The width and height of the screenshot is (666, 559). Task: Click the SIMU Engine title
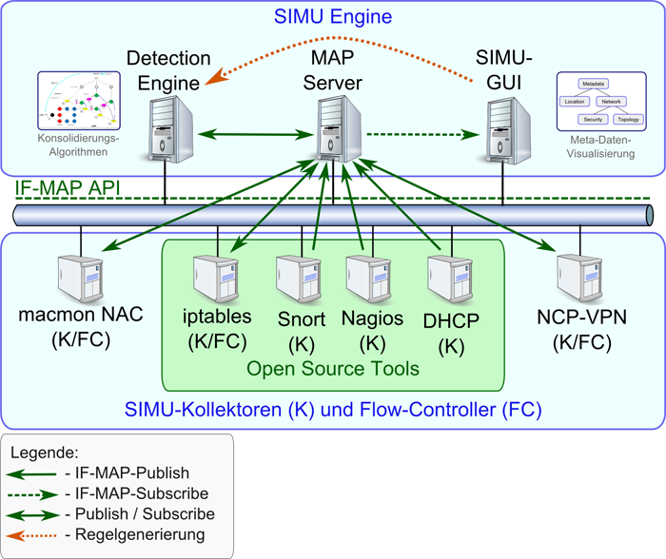pos(333,17)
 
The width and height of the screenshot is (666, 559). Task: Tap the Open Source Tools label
pos(333,367)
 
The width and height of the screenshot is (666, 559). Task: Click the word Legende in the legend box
pos(43,452)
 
